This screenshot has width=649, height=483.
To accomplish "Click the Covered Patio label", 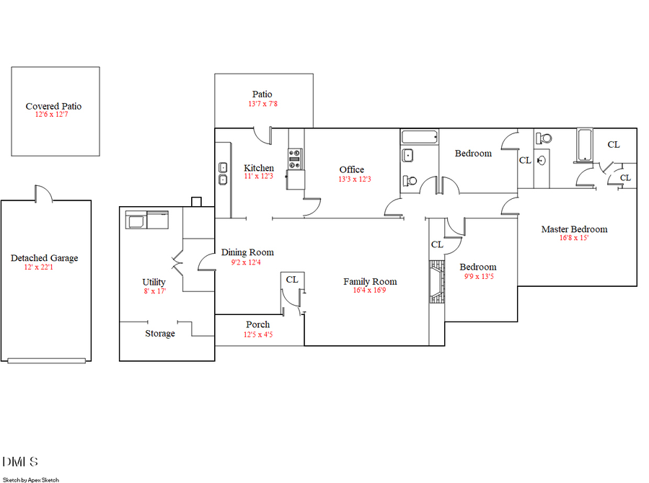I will [x=53, y=106].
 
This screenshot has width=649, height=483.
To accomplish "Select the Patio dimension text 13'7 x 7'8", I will [x=262, y=104].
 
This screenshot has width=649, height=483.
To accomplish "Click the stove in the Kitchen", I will [x=294, y=159].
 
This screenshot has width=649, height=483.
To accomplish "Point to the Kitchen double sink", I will [x=224, y=174].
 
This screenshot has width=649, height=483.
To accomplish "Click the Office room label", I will [x=352, y=169].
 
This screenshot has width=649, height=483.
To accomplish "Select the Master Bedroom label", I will [x=574, y=229].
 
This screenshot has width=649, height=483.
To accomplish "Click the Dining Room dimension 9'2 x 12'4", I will [x=247, y=262].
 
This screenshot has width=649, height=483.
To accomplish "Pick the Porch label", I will [x=257, y=324].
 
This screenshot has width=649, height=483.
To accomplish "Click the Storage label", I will [x=160, y=334].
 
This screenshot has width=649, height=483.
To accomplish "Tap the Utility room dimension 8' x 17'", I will [x=154, y=291].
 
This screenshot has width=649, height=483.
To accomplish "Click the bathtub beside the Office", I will [x=420, y=137].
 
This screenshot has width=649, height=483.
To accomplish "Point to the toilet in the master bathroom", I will [x=545, y=138].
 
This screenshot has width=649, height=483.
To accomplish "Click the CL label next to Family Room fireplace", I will [x=437, y=244].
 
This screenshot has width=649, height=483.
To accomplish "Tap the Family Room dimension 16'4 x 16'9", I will [x=370, y=291].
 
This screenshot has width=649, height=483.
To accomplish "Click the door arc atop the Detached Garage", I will [x=43, y=192].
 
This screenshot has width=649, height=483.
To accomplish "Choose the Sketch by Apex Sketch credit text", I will [x=31, y=479].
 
